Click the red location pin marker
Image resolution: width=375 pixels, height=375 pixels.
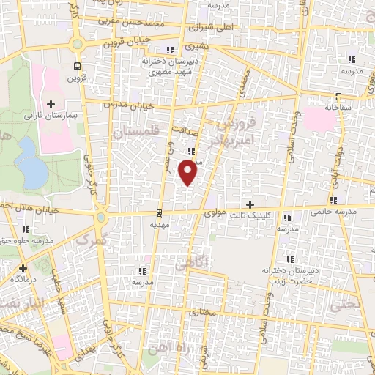point(188,173)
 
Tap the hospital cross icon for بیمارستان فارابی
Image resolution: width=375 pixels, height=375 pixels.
point(51,104)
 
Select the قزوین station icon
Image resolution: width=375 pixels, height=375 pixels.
point(75,65)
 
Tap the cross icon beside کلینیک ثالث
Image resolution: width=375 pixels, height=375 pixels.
point(250,204)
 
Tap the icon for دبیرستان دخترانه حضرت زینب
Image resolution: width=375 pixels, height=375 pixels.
point(290,259)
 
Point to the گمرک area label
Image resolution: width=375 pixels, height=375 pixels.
point(92,238)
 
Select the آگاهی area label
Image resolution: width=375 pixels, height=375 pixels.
point(194,261)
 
